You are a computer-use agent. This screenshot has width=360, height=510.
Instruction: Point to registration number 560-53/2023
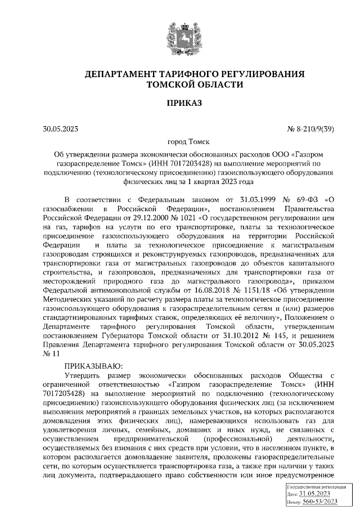click(319, 502)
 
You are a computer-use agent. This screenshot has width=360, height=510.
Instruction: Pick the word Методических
click(68, 298)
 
